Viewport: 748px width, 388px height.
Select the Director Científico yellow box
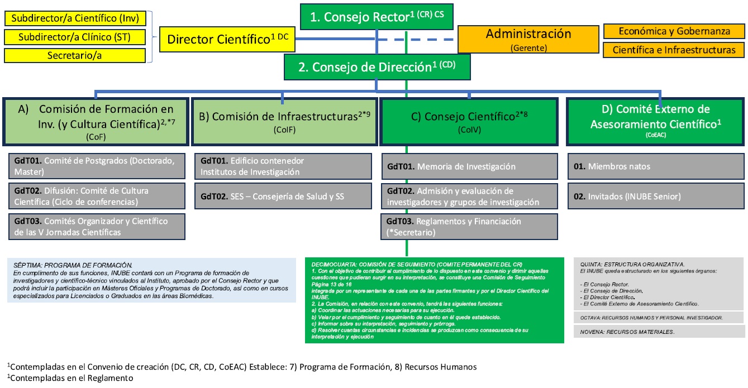pos(227,40)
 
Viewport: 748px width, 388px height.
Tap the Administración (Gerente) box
pos(528,39)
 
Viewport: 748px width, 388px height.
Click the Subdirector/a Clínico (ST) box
pos(75,37)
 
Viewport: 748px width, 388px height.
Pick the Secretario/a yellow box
pos(75,56)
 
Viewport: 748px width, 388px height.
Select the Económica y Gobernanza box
pos(674,31)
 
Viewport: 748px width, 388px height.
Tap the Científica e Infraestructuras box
pos(674,50)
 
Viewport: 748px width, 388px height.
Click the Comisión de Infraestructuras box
pos(284,121)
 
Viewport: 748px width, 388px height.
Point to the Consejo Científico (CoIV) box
pos(469,121)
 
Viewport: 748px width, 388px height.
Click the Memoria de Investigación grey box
pos(469,166)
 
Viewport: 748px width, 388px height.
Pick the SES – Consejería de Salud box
pos(284,196)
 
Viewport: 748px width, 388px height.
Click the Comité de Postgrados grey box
pos(97,166)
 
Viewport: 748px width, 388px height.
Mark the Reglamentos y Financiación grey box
pos(469,227)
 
